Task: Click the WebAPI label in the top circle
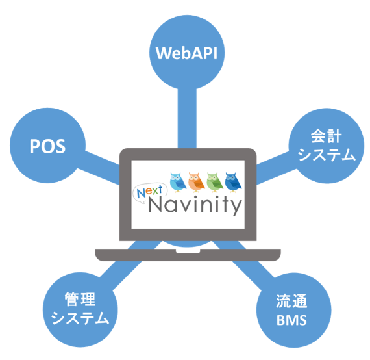(x=186, y=53)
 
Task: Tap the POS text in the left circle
(x=47, y=146)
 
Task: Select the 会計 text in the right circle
(x=326, y=136)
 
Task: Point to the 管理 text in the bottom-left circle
(x=80, y=300)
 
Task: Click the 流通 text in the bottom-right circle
(x=291, y=301)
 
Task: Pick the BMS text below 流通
(x=291, y=320)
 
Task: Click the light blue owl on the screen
(x=178, y=182)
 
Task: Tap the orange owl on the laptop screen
(x=196, y=182)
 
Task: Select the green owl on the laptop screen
(x=215, y=182)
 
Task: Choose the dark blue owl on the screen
(x=233, y=182)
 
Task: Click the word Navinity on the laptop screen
(x=195, y=205)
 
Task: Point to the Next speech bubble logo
(x=150, y=193)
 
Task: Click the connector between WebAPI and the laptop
(x=187, y=118)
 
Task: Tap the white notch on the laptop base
(x=188, y=251)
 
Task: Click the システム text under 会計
(x=327, y=155)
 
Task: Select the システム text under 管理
(x=80, y=318)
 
